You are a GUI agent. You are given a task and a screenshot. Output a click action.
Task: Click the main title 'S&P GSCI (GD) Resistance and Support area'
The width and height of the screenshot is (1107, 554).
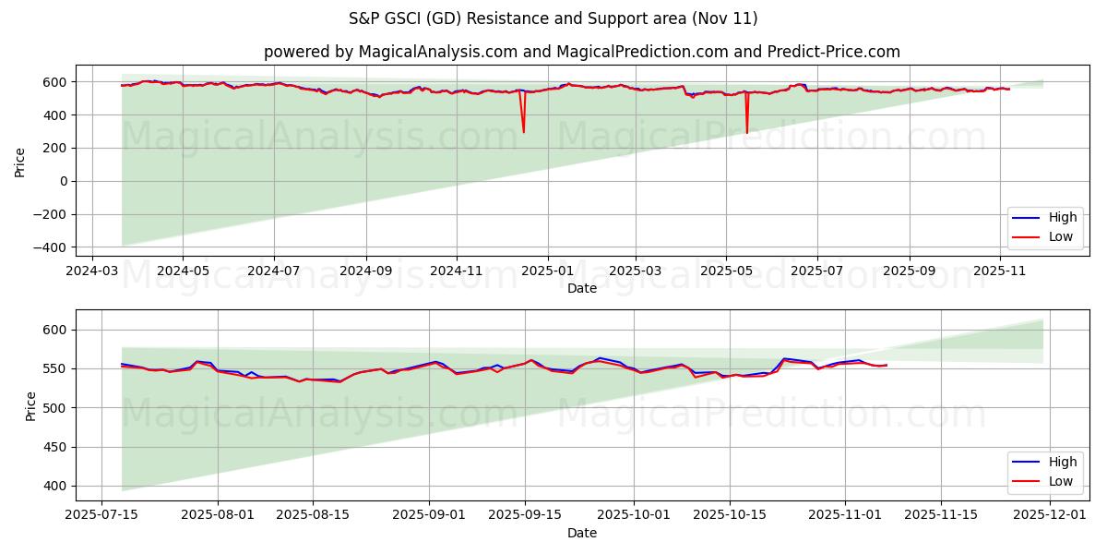point(553,18)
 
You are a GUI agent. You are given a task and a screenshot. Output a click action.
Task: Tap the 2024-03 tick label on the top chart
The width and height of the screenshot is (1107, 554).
point(91,271)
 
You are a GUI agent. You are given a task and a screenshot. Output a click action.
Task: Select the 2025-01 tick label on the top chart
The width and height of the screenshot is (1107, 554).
point(548,271)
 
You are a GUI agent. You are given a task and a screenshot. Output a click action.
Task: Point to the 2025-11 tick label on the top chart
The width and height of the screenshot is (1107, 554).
point(1000,271)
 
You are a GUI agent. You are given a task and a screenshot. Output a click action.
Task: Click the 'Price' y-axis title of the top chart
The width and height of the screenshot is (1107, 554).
point(20,162)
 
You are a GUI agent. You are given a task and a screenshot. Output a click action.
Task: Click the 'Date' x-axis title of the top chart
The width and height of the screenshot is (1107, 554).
point(581,288)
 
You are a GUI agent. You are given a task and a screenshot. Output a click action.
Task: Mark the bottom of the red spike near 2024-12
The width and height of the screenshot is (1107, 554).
point(523,132)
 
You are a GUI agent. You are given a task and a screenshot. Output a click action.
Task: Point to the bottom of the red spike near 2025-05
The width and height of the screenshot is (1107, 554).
point(747,133)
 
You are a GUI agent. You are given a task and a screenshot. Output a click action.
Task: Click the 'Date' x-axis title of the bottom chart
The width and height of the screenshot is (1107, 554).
point(581,533)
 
